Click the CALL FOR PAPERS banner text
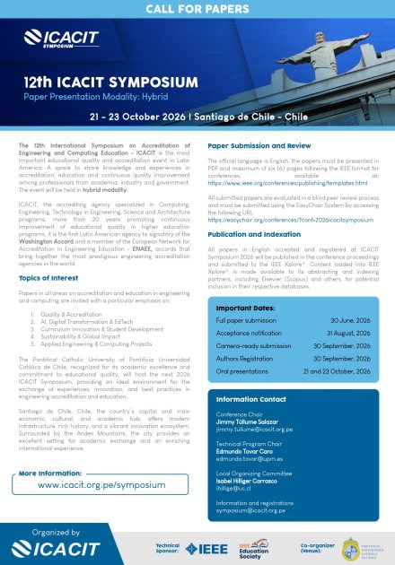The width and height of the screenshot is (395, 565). point(197,10)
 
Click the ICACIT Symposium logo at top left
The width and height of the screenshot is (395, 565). point(55,39)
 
